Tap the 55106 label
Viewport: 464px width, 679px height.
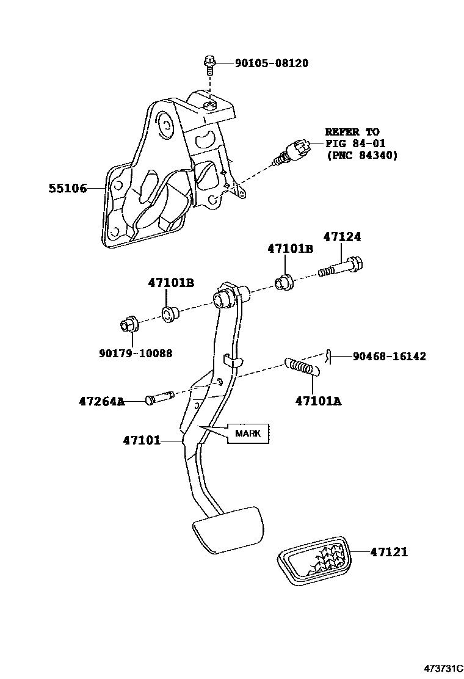(68, 189)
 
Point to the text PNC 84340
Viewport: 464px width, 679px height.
(363, 155)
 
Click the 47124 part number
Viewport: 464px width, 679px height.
(343, 237)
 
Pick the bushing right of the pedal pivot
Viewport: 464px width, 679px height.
(284, 282)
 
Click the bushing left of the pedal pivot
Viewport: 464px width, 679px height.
(169, 314)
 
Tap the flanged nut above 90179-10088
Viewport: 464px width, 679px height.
(129, 325)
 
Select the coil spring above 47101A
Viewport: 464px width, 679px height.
(302, 367)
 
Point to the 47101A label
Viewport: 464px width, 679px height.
(318, 401)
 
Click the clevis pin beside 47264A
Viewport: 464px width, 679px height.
(161, 399)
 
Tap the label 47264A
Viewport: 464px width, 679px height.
(101, 402)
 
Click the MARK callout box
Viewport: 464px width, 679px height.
(248, 433)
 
